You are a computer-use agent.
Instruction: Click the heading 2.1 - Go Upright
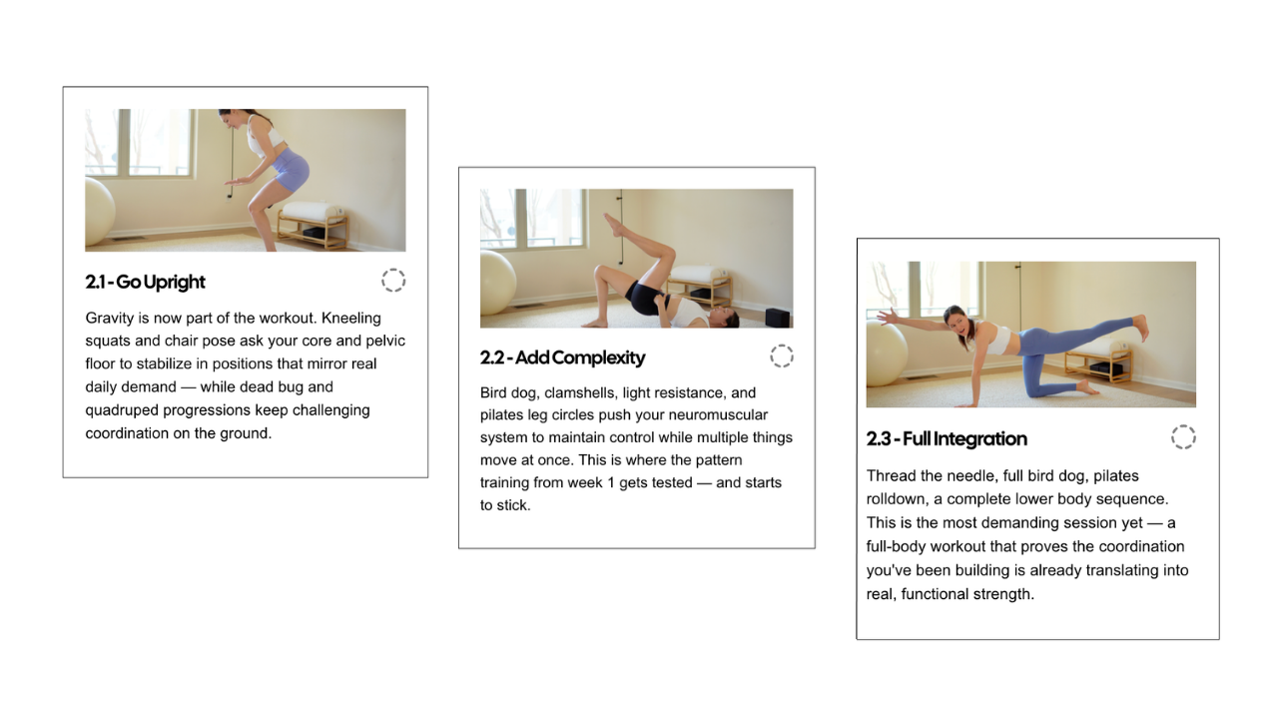145,282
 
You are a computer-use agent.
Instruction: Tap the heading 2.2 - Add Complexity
562,358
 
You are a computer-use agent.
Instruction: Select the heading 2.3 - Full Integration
947,438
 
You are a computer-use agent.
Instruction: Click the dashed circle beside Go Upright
393,281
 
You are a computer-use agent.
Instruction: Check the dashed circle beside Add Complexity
782,357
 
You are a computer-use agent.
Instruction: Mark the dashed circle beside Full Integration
1183,437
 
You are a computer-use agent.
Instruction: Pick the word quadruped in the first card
121,410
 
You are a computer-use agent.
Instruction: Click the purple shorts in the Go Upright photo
290,170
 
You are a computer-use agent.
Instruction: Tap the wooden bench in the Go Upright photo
313,225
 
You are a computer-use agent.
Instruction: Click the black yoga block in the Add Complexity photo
777,318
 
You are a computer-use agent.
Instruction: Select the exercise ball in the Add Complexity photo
497,283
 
